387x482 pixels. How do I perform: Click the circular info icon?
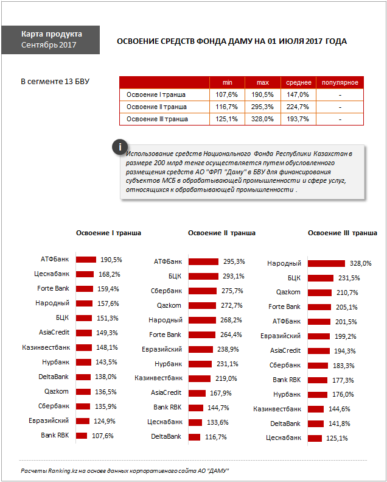point(120,147)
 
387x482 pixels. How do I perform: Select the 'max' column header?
point(263,82)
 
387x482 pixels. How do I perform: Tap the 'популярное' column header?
point(340,82)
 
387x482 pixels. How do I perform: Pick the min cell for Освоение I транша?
point(226,94)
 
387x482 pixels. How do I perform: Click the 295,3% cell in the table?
point(262,107)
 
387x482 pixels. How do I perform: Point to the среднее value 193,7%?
point(298,119)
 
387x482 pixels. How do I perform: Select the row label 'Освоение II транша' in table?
point(156,107)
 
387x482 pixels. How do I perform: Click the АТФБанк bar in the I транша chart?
point(86,260)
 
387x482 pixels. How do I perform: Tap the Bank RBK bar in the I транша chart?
point(82,436)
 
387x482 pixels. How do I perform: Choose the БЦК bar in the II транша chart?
point(203,277)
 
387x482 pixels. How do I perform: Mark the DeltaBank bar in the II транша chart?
point(194,437)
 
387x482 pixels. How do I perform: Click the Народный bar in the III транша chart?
point(326,263)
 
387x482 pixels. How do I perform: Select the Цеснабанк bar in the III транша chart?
point(315,438)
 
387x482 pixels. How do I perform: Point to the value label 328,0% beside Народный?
point(361,263)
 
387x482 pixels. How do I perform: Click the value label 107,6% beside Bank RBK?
point(103,436)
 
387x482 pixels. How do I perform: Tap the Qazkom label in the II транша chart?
point(169,305)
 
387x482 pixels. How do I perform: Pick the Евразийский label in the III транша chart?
point(281,336)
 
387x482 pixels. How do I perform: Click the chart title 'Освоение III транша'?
point(343,233)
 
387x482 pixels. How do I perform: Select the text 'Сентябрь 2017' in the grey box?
point(49,45)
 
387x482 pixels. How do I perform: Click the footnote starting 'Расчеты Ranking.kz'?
point(125,471)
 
